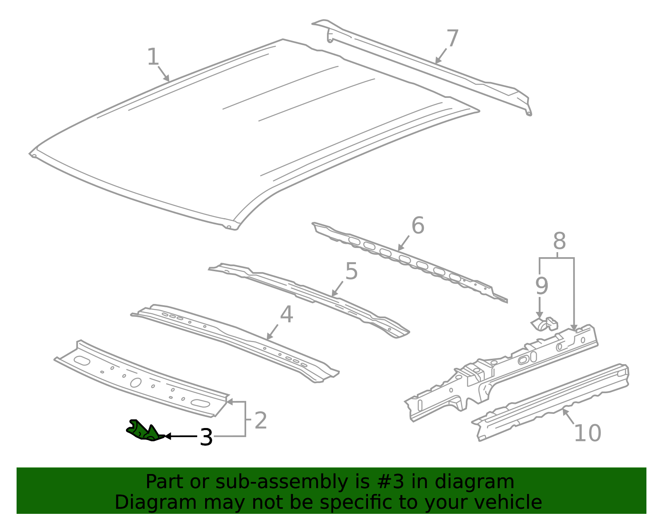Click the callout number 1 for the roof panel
(x=153, y=57)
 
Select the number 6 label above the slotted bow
(x=418, y=226)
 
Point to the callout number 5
(x=351, y=272)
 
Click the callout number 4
(x=286, y=315)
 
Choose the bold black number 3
(x=206, y=438)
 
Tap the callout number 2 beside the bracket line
(x=260, y=421)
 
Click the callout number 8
(x=559, y=241)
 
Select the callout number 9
(x=542, y=286)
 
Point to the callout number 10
(x=587, y=433)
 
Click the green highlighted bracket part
(x=144, y=430)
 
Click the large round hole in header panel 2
(x=136, y=382)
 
